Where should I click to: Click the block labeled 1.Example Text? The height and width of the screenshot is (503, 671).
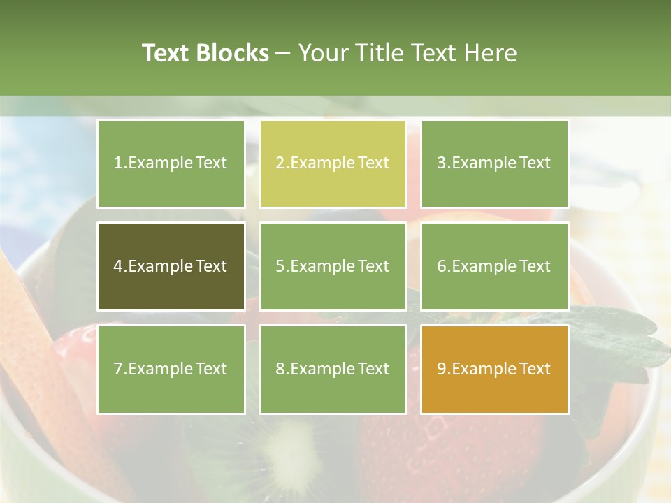tap(171, 163)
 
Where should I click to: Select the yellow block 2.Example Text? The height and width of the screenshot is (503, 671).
tap(333, 163)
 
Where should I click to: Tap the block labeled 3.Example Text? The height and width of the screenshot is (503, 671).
tap(494, 163)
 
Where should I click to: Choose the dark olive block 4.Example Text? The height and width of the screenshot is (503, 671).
tap(171, 266)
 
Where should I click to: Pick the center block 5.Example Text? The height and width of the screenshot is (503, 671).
tap(333, 266)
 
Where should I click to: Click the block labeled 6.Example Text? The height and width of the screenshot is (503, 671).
tap(494, 266)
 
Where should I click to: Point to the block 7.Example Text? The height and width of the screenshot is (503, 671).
tap(171, 369)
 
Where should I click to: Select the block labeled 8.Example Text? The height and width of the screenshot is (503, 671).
tap(333, 369)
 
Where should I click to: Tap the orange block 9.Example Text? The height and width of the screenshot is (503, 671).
tap(494, 369)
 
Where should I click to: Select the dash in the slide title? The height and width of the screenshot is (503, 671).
tap(283, 53)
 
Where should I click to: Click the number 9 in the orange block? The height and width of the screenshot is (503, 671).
tap(441, 369)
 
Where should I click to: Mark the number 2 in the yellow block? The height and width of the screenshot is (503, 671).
tap(280, 163)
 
